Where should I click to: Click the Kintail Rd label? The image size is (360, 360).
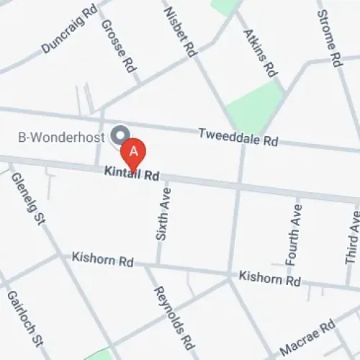click(131, 173)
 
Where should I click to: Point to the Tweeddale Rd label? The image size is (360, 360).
click(238, 137)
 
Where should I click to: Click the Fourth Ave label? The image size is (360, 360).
click(293, 232)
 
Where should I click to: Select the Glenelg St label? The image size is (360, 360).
click(27, 199)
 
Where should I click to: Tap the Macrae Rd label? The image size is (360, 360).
click(308, 338)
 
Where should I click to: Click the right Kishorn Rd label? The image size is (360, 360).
click(269, 277)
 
